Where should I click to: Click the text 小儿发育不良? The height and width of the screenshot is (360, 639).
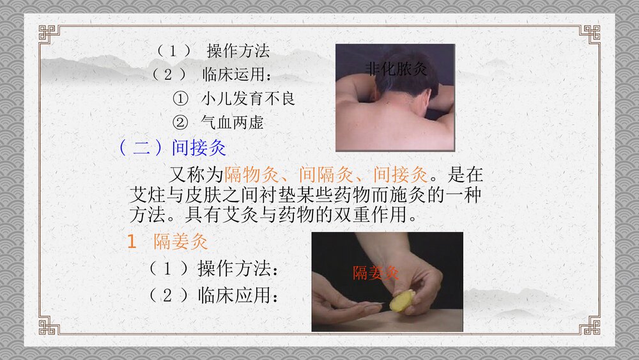(248, 99)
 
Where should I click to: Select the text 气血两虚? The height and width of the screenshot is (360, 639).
(232, 122)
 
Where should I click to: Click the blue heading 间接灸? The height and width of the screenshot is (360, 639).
(199, 148)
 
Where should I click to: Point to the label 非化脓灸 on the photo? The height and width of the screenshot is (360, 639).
(396, 68)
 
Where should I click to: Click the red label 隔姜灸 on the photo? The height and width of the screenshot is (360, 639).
(376, 273)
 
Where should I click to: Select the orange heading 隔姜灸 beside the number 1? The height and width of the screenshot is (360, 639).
(181, 242)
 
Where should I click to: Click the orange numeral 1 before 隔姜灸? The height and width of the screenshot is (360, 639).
(132, 242)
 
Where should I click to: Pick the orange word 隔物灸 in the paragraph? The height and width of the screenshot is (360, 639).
(251, 174)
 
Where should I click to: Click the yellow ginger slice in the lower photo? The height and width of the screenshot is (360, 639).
(402, 301)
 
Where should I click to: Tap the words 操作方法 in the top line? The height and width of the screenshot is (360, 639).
(238, 51)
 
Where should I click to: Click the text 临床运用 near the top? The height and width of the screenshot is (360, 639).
(233, 75)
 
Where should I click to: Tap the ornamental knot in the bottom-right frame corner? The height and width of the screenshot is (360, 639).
(590, 325)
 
